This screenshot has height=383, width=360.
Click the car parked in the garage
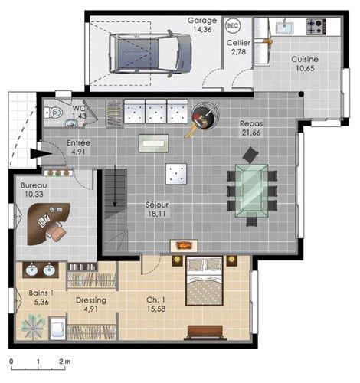pos(150,54)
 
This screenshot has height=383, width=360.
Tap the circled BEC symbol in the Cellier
pos(233,25)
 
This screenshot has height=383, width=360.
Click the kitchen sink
pos(284,27)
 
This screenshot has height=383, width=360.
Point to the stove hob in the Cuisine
pos(316,27)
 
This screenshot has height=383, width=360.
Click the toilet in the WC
pos(54,113)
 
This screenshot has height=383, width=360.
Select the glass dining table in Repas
pos(251,191)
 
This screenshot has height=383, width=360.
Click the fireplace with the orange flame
pos(184,246)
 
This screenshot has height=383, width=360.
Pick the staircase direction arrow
pos(115,185)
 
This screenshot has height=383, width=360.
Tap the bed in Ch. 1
pos(205,281)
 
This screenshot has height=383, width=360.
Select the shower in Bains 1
pos(32,326)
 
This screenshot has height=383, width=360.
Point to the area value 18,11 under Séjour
pos(156,214)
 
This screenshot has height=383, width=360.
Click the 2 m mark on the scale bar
pos(64,368)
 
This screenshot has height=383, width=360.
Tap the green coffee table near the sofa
pos(153,143)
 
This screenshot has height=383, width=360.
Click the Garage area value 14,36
pos(202,29)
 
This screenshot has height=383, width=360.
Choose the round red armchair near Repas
pos(205,116)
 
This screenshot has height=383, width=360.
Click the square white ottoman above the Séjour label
pos(176,174)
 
